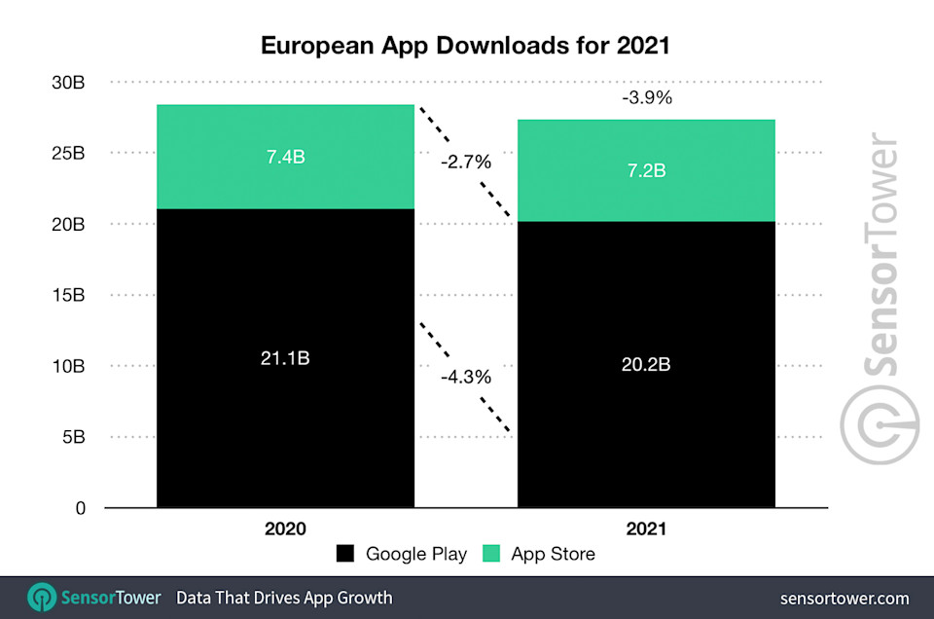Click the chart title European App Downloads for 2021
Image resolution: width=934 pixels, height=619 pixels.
466,46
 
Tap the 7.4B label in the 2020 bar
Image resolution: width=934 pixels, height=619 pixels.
285,157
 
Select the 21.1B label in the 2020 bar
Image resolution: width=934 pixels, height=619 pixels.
285,358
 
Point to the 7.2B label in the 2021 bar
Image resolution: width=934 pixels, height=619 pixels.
646,170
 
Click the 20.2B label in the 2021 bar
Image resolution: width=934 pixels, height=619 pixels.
646,365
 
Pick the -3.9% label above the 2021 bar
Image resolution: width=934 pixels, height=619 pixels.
646,98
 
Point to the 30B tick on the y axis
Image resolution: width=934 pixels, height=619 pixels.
69,83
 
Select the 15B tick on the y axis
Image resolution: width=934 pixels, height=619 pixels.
69,295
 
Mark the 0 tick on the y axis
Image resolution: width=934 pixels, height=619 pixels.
81,508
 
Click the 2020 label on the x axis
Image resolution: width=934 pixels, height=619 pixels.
285,529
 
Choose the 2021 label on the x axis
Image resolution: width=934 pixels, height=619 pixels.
646,529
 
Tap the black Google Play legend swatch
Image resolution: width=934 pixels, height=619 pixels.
345,554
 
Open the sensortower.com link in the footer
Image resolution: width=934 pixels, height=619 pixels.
844,597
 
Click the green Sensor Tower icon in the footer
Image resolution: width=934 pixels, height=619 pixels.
42,597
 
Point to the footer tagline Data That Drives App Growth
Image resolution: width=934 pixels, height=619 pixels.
284,597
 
